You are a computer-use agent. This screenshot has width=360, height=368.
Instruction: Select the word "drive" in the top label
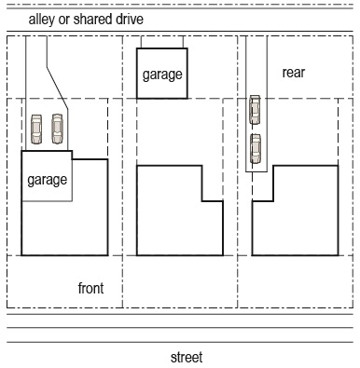(130, 19)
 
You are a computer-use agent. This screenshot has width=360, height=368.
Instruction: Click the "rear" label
(294, 73)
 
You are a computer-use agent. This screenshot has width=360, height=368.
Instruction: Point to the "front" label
(90, 288)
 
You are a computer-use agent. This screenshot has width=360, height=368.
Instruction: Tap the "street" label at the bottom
(187, 357)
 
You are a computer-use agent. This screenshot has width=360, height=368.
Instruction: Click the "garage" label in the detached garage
(162, 75)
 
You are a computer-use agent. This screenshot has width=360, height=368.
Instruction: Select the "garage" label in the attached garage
(48, 180)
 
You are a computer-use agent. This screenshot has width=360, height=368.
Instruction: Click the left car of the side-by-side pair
(36, 129)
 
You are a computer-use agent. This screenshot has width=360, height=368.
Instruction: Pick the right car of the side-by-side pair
(57, 129)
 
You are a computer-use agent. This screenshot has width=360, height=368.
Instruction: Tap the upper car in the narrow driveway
(255, 110)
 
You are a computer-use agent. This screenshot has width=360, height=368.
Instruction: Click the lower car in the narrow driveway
(256, 148)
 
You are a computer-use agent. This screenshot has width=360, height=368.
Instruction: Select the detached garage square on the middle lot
(162, 74)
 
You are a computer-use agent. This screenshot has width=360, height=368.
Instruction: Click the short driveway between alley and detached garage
(162, 42)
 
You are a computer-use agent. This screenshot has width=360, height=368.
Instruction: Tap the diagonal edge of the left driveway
(57, 88)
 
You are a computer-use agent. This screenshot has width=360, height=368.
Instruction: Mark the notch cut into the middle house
(213, 184)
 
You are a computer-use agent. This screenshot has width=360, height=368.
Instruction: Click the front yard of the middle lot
(180, 281)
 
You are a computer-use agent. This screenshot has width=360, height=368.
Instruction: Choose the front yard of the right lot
(296, 281)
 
